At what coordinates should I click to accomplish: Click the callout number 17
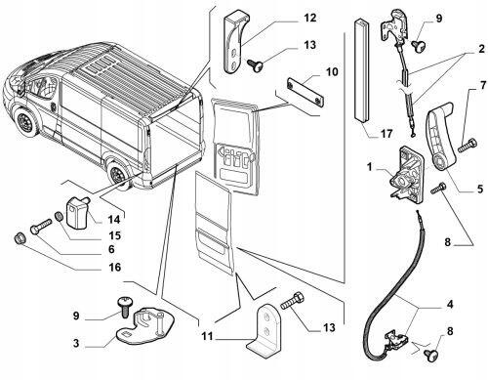point(386,134)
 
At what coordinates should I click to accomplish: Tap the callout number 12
point(310,18)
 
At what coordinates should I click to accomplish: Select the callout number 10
point(332,71)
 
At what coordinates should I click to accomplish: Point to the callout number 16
point(114,268)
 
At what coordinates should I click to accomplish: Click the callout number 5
point(480,189)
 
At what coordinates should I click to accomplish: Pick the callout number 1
point(370,167)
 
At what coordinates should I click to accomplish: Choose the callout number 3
point(76,343)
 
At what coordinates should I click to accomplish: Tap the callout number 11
point(207,336)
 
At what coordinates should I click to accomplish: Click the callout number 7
point(482,86)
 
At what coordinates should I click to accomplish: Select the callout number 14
point(114,220)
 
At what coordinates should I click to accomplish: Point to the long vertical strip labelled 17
point(362,71)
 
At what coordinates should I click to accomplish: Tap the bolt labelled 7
point(468,146)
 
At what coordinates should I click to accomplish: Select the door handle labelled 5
point(439,136)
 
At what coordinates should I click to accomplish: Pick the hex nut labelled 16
point(20,238)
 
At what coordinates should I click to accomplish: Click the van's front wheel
point(26,123)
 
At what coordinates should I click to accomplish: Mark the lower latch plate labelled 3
point(144,327)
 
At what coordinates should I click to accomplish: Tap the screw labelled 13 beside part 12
point(256,64)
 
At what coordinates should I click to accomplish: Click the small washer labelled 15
point(59,216)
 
